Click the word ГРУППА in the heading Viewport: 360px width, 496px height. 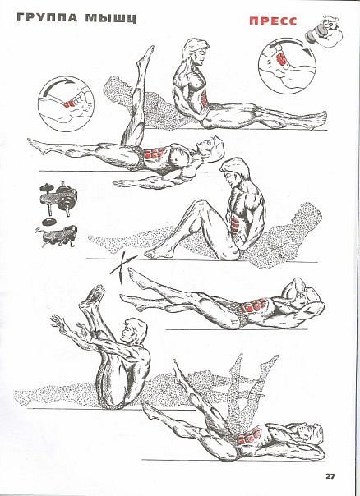click(47, 17)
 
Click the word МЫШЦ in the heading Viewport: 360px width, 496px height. click(111, 18)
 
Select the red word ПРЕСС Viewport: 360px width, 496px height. click(273, 21)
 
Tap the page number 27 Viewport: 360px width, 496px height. click(330, 476)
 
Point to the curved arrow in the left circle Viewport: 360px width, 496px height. click(58, 85)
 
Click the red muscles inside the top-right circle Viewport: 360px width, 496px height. click(281, 59)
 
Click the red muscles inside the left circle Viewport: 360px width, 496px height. click(69, 103)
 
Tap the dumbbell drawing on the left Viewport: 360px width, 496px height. click(59, 199)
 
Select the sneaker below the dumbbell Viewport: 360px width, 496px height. click(57, 236)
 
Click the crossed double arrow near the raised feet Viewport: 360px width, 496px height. click(122, 265)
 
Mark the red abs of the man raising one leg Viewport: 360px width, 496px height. click(155, 154)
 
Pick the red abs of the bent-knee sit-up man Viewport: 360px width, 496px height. click(233, 223)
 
